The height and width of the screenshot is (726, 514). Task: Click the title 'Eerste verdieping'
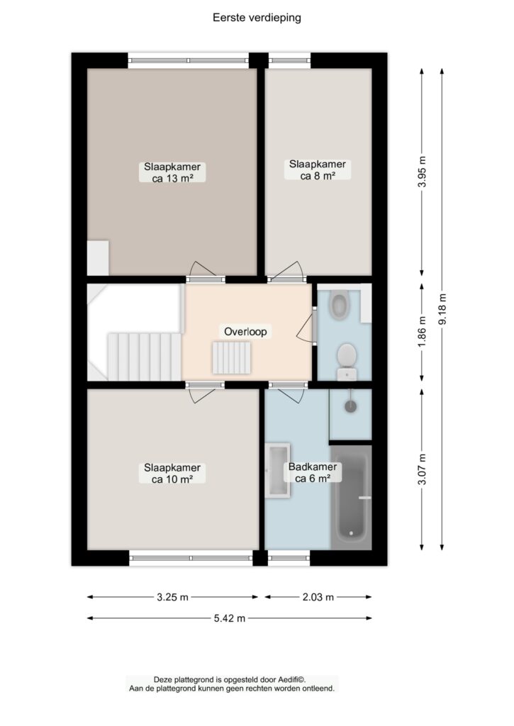pos(257,18)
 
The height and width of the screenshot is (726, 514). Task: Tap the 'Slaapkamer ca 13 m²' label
pos(172,172)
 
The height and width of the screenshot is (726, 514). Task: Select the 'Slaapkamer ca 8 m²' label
pos(317,169)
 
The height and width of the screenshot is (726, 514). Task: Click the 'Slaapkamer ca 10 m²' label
pos(172,473)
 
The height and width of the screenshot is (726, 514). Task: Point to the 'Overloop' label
pos(245,332)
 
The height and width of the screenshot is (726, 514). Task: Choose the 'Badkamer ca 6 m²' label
pos(313,472)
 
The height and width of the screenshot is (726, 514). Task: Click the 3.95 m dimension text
pos(421,172)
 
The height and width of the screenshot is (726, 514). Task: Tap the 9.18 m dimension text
pos(442,309)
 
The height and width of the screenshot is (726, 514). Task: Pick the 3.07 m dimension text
pos(421,469)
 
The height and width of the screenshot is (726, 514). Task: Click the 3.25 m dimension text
pos(172,597)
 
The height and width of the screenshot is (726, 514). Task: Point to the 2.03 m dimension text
pos(318,597)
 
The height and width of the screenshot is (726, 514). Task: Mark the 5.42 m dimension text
pos(229,618)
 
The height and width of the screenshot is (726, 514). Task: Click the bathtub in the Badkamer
pos(352,498)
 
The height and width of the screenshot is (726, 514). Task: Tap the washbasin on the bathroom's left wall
pos(277,471)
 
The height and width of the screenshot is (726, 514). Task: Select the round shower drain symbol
pos(350,406)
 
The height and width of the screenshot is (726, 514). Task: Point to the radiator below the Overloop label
pos(232,357)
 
